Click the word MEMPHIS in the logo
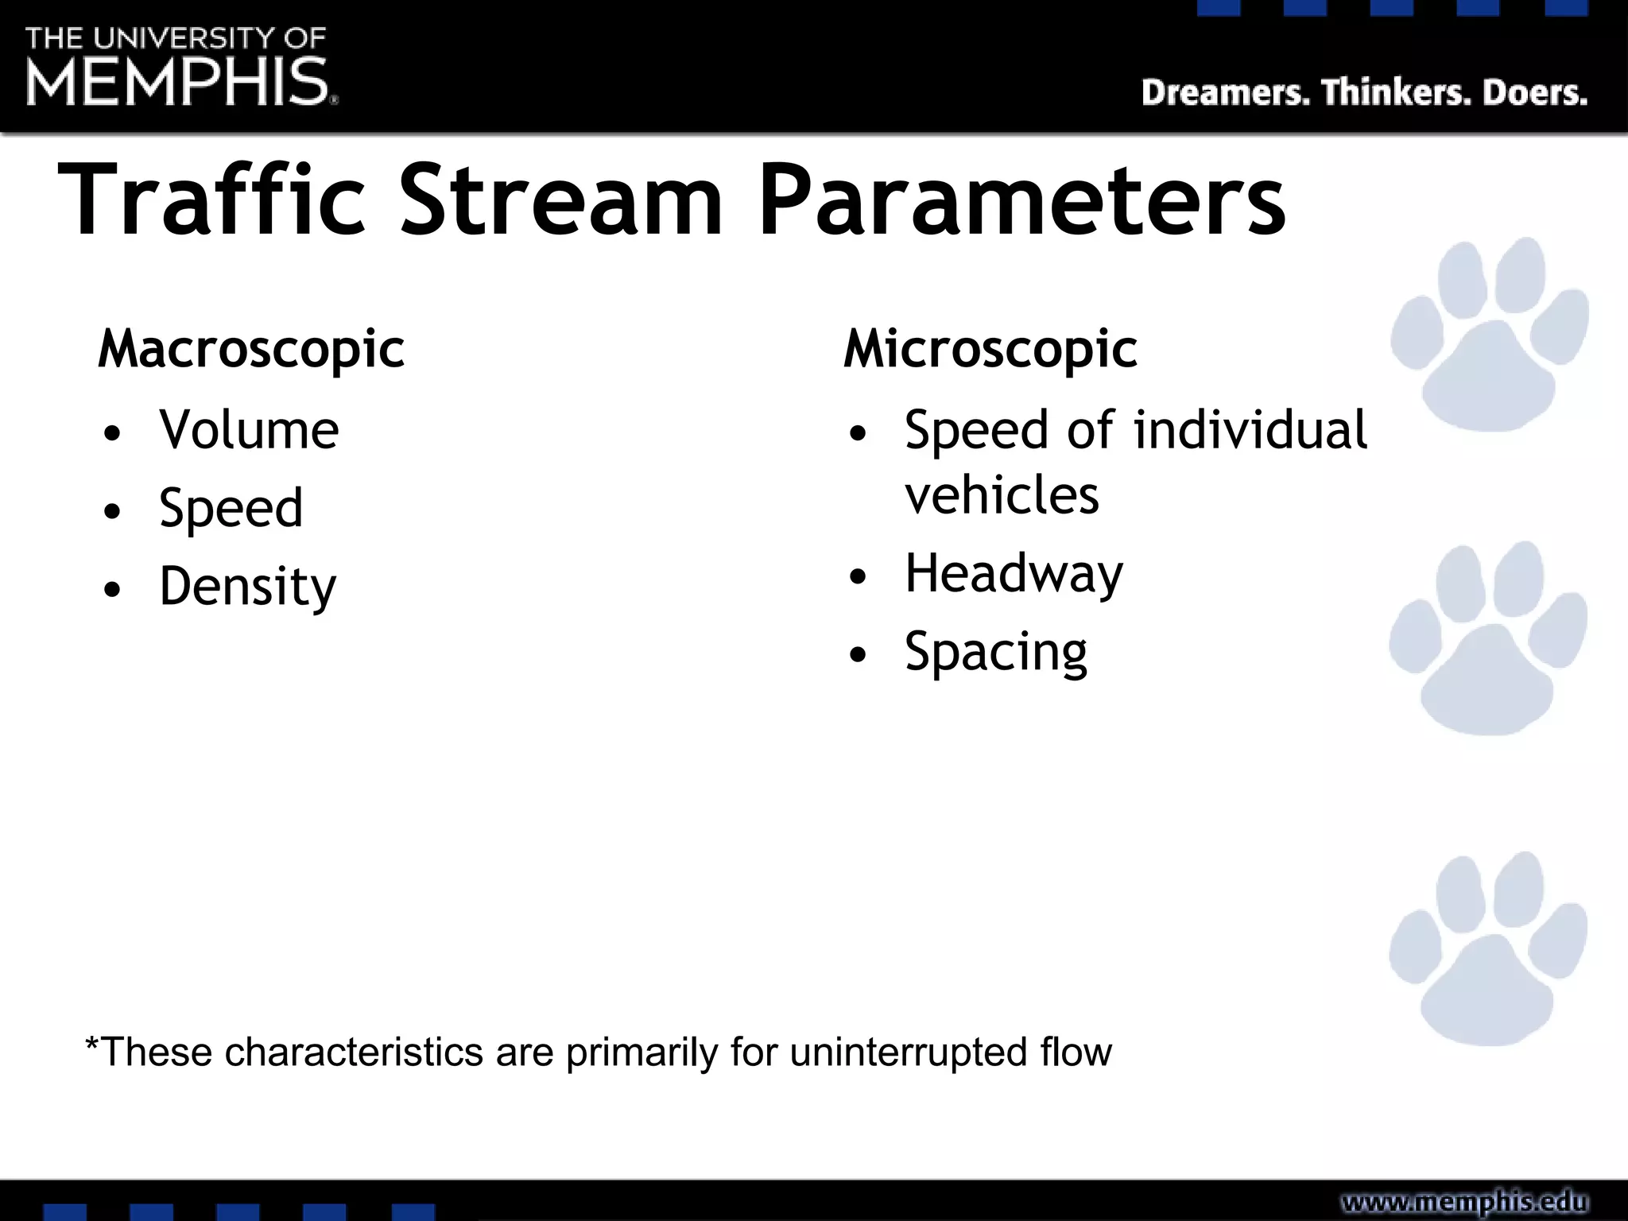tap(176, 82)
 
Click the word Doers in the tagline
tap(1535, 93)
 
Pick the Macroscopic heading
tap(251, 349)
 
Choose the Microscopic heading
tap(990, 349)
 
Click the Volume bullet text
tap(249, 430)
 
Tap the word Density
tap(247, 587)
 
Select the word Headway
tap(1014, 574)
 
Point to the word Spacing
tap(995, 653)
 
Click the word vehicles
tap(1002, 496)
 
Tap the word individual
tap(1250, 430)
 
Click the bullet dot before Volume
tap(113, 434)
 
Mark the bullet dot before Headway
tap(857, 577)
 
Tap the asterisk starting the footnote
tap(92, 1044)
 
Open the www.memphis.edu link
tap(1464, 1202)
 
